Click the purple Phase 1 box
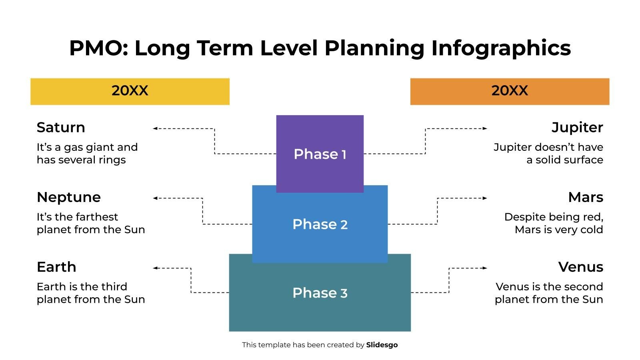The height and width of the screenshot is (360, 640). [320, 154]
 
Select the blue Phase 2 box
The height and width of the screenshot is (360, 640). [320, 224]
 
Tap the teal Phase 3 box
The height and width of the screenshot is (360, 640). [320, 293]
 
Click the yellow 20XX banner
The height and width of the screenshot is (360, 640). [130, 91]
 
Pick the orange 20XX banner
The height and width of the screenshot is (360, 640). [510, 91]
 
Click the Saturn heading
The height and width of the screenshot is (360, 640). [61, 127]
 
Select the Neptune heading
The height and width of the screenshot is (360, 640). [69, 197]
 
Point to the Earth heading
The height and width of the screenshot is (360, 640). [56, 267]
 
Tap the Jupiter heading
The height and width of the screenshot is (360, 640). [577, 127]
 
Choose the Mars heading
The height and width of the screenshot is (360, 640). [586, 197]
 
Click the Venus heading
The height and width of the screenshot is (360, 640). [580, 267]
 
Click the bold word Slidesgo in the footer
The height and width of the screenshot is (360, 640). [382, 345]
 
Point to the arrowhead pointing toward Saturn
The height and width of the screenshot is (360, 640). [155, 128]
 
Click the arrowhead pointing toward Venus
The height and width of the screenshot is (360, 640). [485, 268]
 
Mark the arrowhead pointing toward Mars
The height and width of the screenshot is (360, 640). [485, 198]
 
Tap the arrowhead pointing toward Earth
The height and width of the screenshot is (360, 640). [155, 268]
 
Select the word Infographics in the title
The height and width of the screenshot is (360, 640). [501, 48]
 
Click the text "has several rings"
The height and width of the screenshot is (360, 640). [81, 160]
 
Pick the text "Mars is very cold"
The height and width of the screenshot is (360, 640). [559, 230]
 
